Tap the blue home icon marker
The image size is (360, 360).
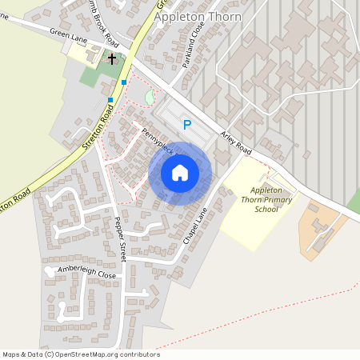tap(180, 173)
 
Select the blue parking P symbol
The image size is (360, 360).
tap(187, 124)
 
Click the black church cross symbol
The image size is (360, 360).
tap(112, 58)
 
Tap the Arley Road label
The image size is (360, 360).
tap(238, 142)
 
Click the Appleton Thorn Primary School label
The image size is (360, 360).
tap(265, 199)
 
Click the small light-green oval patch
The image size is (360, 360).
tap(149, 98)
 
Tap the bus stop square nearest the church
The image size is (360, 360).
tap(123, 82)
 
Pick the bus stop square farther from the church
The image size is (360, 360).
tap(110, 100)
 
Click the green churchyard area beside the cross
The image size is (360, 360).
tap(96, 75)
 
